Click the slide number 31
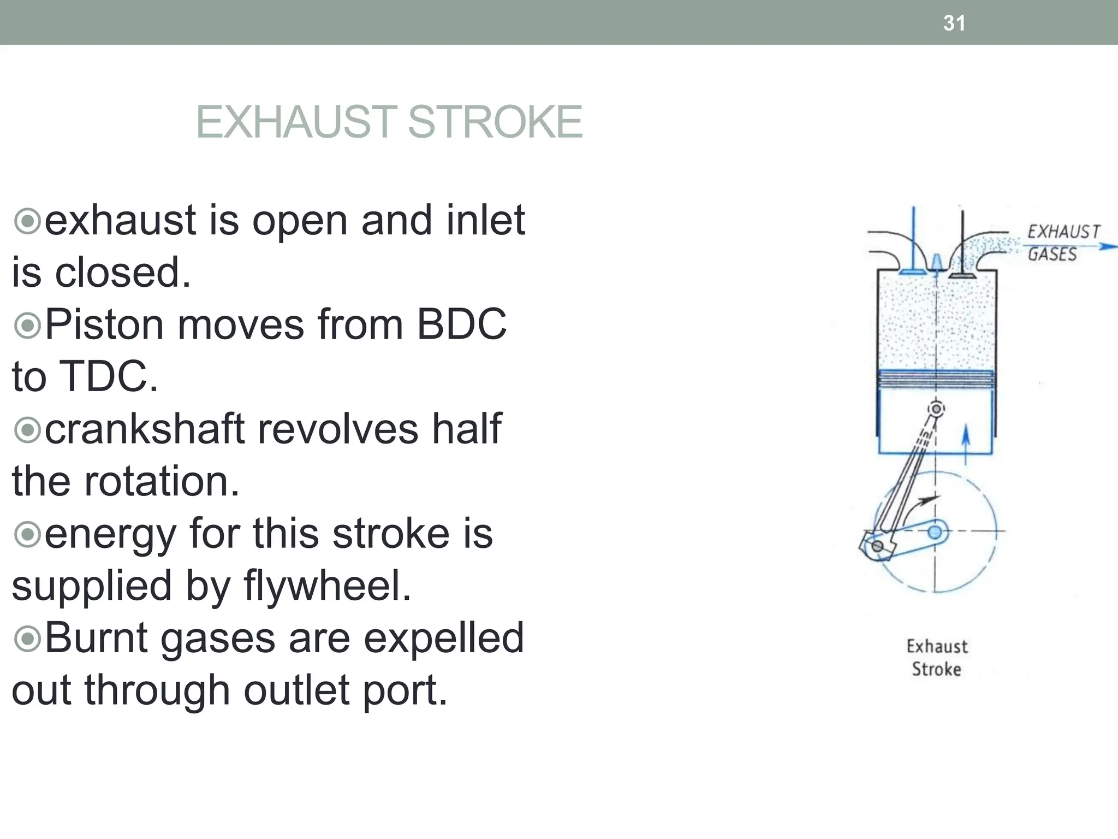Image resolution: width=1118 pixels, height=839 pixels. [954, 23]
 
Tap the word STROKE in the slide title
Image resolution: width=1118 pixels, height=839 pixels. [495, 122]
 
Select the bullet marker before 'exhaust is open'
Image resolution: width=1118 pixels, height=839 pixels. [27, 221]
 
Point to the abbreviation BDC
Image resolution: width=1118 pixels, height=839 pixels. [461, 324]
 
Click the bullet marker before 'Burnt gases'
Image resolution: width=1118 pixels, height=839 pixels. [27, 638]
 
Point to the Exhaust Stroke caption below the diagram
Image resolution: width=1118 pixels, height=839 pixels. [937, 658]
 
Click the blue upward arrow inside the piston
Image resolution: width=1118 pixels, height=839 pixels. [965, 444]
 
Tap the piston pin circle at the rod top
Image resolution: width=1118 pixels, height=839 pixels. [937, 409]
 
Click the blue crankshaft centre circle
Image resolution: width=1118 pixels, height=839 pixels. [935, 531]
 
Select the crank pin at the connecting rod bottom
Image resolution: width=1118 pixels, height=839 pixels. [877, 546]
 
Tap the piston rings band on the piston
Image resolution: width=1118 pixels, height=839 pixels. [936, 379]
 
